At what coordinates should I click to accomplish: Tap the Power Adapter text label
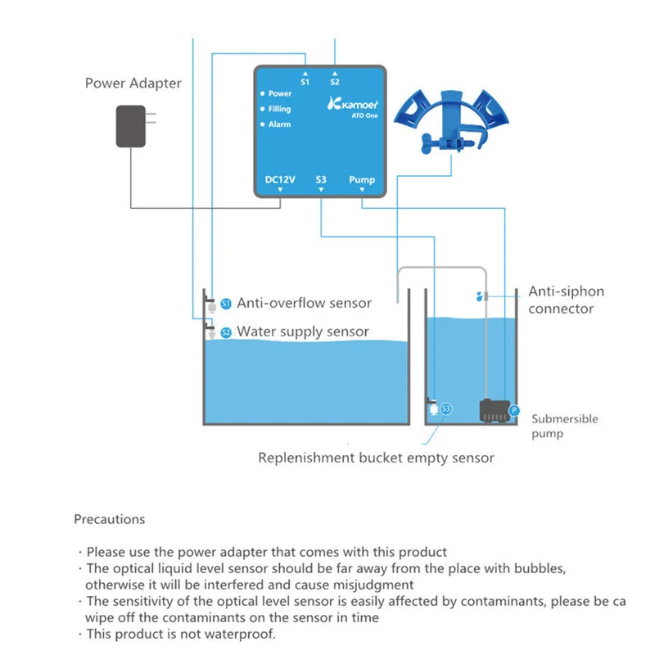click(x=133, y=84)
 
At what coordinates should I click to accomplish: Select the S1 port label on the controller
click(x=305, y=82)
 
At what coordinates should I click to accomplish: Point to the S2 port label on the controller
click(x=335, y=82)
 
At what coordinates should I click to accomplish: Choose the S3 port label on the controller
click(x=321, y=179)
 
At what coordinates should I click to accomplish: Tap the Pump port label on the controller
click(x=362, y=179)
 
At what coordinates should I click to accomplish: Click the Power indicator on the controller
click(x=279, y=94)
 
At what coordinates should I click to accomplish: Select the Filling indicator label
click(x=279, y=109)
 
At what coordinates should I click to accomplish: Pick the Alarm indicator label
click(x=279, y=124)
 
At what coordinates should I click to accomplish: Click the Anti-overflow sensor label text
click(x=305, y=303)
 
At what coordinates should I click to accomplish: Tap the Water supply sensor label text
click(x=302, y=332)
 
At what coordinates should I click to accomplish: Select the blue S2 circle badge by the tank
click(x=226, y=332)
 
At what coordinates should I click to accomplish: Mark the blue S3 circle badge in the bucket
click(x=446, y=408)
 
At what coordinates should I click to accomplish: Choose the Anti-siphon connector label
click(x=566, y=300)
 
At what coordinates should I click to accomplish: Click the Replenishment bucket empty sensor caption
click(x=376, y=458)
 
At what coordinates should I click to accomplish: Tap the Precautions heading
click(x=109, y=519)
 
